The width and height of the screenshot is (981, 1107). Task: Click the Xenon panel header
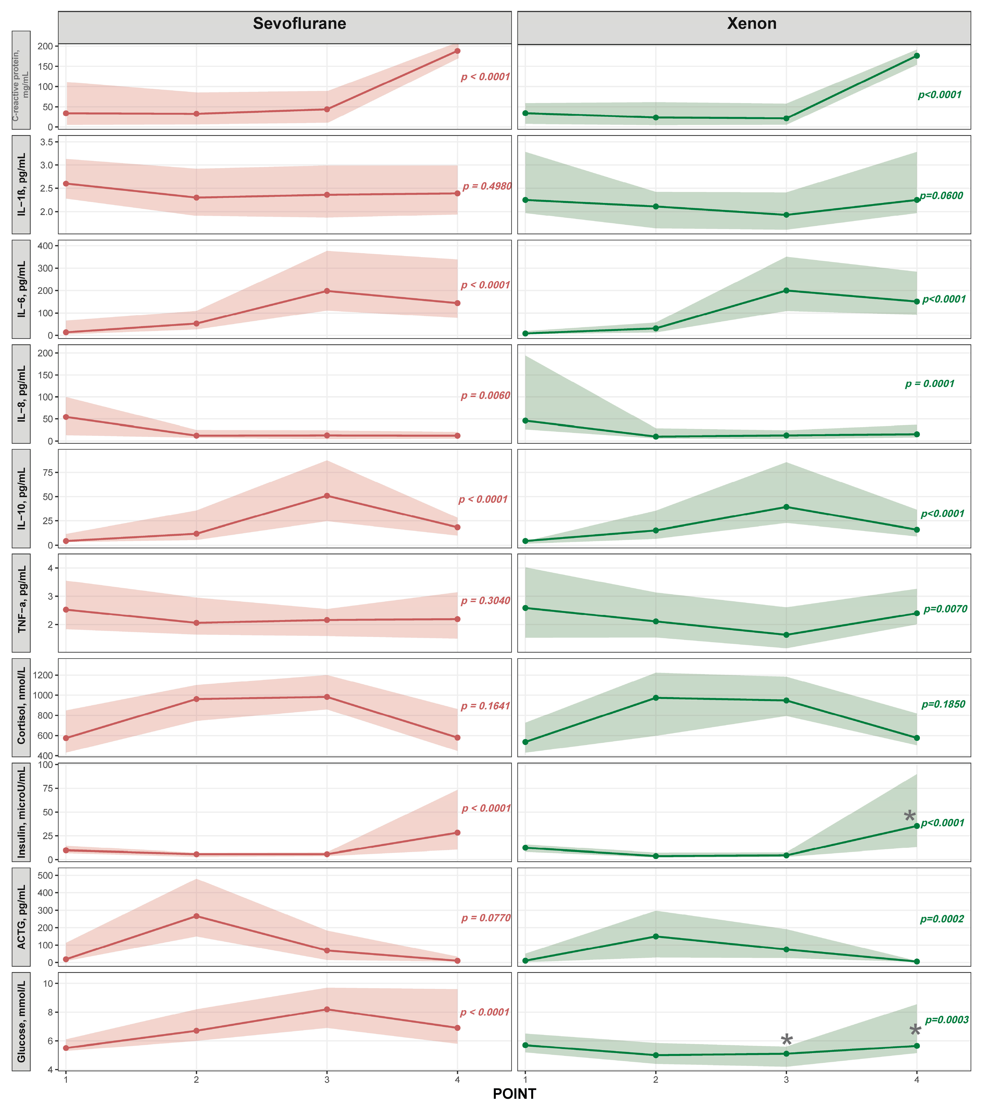[x=751, y=24]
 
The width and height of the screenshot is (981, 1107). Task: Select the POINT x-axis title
[x=514, y=1093]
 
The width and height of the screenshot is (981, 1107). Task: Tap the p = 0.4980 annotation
[x=486, y=186]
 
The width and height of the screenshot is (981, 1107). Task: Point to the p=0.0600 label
[x=942, y=196]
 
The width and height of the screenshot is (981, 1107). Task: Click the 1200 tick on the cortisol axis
[x=43, y=675]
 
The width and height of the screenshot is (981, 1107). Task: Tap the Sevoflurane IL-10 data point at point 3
[x=327, y=496]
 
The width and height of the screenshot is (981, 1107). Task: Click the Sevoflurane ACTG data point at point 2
[x=196, y=916]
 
